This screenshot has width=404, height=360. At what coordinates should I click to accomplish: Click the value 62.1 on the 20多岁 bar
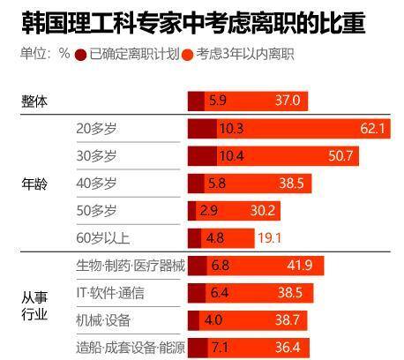pyautogui.click(x=373, y=129)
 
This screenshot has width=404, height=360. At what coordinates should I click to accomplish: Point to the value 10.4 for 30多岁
pyautogui.click(x=231, y=156)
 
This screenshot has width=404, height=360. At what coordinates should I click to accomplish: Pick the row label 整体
pyautogui.click(x=34, y=101)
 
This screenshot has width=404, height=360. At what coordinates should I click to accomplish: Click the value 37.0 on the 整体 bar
pyautogui.click(x=288, y=101)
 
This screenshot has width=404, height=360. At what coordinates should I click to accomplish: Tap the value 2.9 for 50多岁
pyautogui.click(x=209, y=211)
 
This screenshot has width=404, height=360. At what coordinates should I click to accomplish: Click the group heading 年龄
pyautogui.click(x=34, y=184)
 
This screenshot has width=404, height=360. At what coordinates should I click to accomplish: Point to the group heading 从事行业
pyautogui.click(x=34, y=305)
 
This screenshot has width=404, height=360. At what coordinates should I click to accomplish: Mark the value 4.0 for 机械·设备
pyautogui.click(x=213, y=319)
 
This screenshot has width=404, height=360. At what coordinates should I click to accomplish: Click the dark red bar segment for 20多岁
pyautogui.click(x=202, y=129)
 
